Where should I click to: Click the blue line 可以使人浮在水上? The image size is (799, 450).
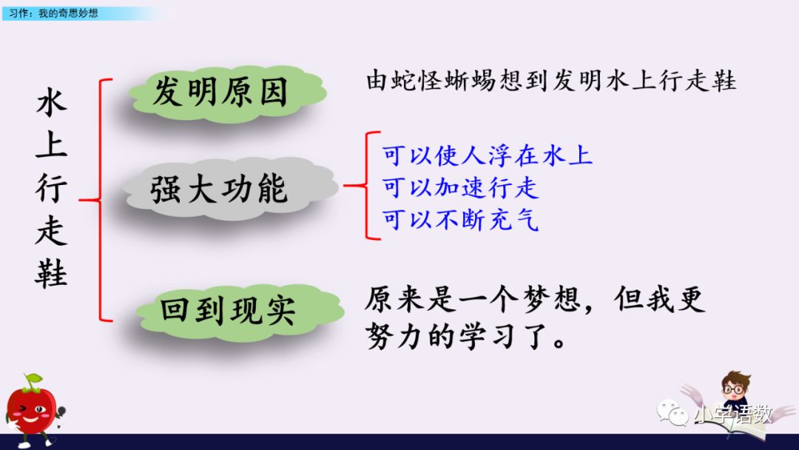tap(488, 157)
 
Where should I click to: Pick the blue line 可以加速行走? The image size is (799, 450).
tap(460, 188)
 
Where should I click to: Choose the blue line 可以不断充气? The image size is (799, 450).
tap(460, 219)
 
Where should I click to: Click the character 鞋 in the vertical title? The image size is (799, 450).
tap(51, 274)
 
